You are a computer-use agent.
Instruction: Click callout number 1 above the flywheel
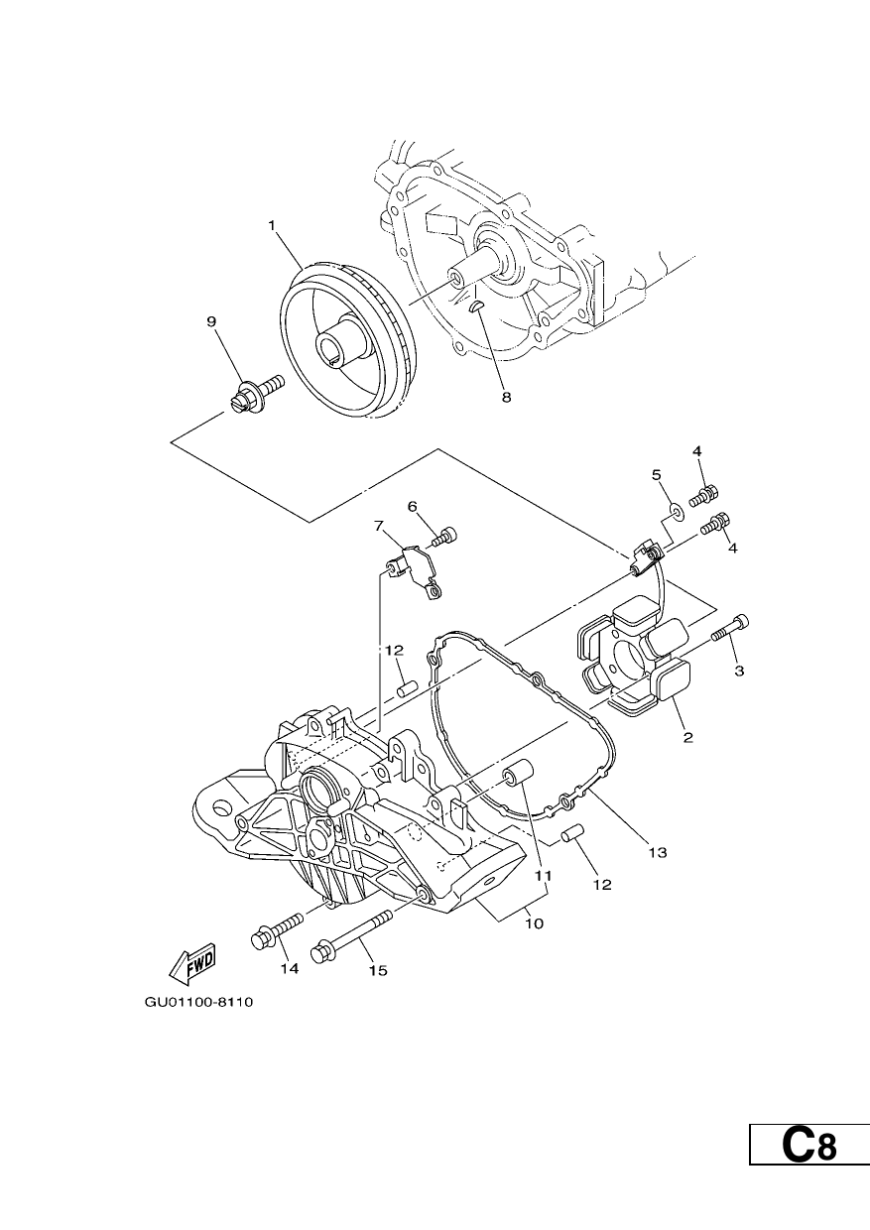(x=271, y=225)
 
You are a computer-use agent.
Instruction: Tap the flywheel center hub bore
(x=331, y=345)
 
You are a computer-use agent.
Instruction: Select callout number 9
(x=211, y=321)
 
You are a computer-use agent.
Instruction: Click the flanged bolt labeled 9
(x=256, y=393)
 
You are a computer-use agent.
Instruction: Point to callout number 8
(x=506, y=397)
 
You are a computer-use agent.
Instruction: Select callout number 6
(x=413, y=507)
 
